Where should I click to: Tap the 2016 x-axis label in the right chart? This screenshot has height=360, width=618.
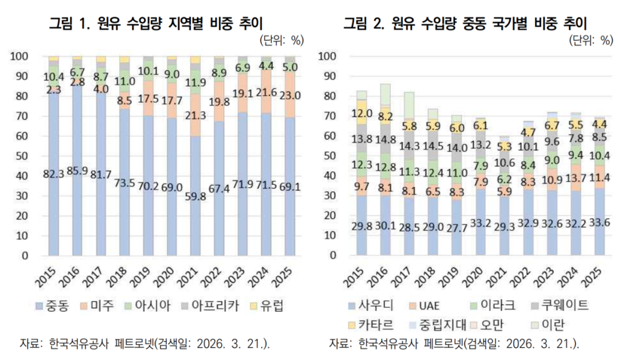[x=383, y=275]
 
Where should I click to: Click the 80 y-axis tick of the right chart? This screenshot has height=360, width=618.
[x=329, y=96]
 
